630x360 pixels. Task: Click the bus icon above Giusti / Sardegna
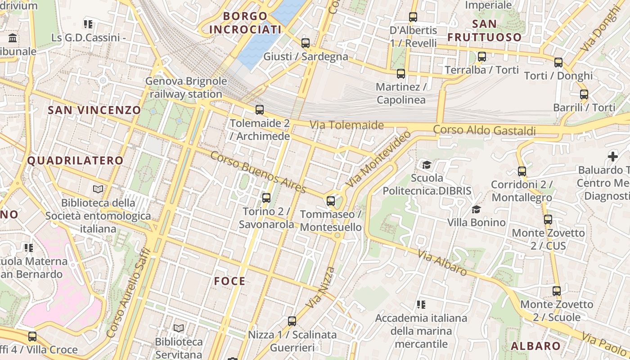(x=306, y=43)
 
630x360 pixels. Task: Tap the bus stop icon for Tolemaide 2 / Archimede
(x=259, y=109)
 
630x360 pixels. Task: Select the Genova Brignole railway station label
(x=186, y=88)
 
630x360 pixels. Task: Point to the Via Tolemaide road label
(x=346, y=125)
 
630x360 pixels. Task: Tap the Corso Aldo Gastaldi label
(x=484, y=130)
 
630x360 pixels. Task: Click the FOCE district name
(x=229, y=281)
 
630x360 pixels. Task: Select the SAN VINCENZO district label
(x=94, y=110)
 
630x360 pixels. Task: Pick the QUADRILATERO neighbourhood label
(x=75, y=161)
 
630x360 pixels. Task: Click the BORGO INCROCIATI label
(x=245, y=23)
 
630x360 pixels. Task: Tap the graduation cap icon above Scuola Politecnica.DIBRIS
(x=426, y=165)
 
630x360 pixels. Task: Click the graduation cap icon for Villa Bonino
(x=476, y=209)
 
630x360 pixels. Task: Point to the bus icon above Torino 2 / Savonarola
(x=266, y=198)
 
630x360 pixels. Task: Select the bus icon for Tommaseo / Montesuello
(x=331, y=201)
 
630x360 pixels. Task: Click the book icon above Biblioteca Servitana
(x=179, y=328)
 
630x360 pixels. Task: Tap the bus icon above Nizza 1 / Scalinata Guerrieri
(x=292, y=321)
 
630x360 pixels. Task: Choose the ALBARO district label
(x=535, y=346)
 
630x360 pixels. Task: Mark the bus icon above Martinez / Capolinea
(x=400, y=73)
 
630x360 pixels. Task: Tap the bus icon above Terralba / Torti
(x=482, y=57)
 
